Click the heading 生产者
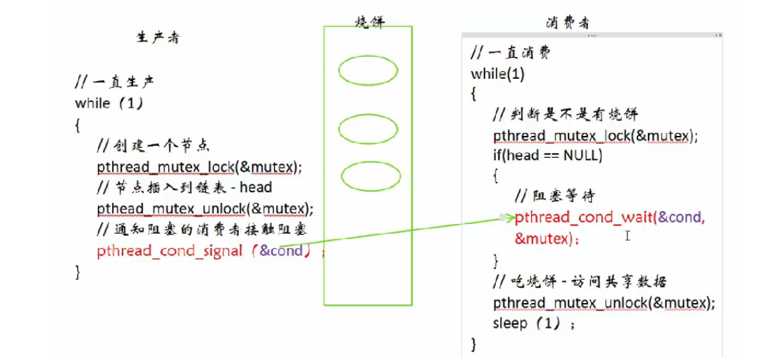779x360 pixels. coord(157,38)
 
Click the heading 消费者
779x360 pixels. coord(568,23)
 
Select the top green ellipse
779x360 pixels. coord(368,70)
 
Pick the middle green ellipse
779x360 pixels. coord(368,129)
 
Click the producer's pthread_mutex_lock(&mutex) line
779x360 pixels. coord(199,167)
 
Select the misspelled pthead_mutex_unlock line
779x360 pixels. coord(205,209)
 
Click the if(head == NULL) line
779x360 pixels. coord(547,156)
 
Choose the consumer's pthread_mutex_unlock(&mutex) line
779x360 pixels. coord(604,302)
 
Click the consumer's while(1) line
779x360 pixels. coord(498,74)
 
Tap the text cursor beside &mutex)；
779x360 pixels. coord(627,237)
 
